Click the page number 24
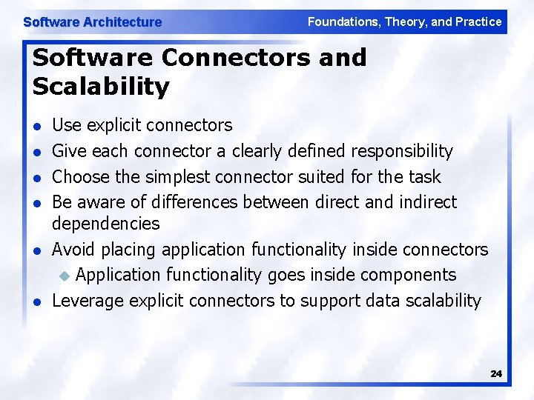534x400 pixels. (x=496, y=374)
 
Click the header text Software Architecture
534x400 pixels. (x=92, y=22)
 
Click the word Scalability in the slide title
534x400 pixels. (x=101, y=87)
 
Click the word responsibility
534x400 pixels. (x=401, y=151)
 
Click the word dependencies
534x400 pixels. (x=106, y=223)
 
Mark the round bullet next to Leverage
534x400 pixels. (x=37, y=301)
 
